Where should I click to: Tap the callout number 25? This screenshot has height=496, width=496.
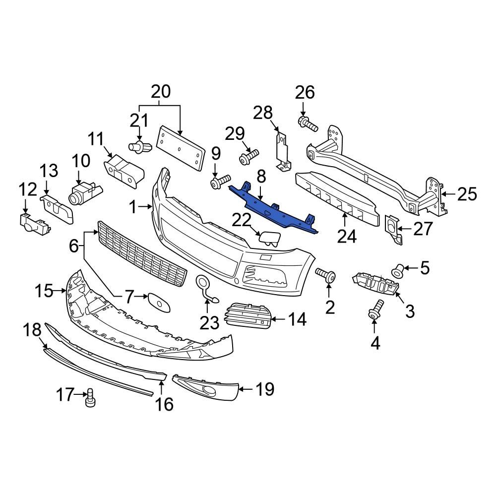point(466,194)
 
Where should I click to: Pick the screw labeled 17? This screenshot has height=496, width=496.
point(90,398)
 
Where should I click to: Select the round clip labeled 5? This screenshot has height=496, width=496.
point(398,270)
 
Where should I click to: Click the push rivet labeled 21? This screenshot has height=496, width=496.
point(138,146)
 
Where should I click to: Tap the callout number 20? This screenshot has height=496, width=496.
point(160,92)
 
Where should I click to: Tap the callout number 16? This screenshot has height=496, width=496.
point(164,404)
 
